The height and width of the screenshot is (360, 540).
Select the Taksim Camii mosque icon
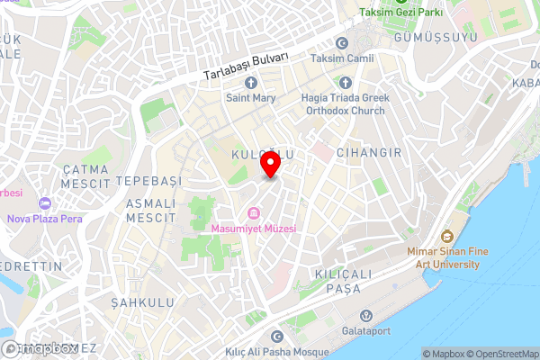tap(341, 43)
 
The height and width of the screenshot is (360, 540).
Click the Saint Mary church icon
tap(250, 82)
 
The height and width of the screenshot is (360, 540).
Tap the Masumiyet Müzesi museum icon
tap(254, 213)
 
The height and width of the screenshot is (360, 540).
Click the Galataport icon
tap(365, 317)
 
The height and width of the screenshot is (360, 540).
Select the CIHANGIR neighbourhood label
tap(369, 153)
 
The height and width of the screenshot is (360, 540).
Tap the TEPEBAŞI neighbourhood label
tap(149, 181)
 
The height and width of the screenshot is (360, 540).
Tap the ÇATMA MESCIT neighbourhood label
tap(85, 176)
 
